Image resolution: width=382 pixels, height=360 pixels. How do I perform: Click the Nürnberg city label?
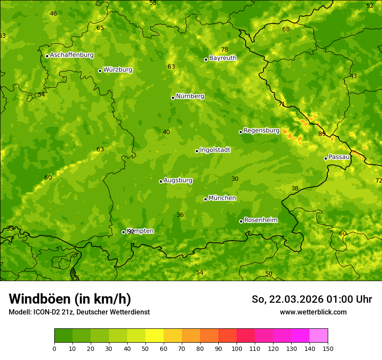(190, 96)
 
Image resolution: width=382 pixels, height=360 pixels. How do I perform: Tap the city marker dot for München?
(205, 199)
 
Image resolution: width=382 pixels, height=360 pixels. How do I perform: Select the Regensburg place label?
(261, 131)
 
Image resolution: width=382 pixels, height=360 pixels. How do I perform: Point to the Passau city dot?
(326, 158)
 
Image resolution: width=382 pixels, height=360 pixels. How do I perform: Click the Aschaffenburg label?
(72, 55)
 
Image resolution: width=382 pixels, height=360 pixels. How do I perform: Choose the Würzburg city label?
(118, 70)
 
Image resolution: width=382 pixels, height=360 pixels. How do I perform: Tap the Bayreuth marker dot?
(206, 59)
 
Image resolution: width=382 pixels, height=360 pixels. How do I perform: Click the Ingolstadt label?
(215, 150)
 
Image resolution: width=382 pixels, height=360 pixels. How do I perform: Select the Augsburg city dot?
(161, 181)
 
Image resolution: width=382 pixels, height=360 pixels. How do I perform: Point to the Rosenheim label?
(260, 220)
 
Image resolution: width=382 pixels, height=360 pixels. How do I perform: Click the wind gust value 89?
(322, 134)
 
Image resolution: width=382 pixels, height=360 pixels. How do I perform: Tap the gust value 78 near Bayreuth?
(224, 49)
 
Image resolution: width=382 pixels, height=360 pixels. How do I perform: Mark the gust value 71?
(282, 104)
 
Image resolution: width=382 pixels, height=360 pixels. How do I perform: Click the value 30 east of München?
(235, 179)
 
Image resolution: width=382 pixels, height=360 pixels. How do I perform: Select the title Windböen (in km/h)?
(69, 299)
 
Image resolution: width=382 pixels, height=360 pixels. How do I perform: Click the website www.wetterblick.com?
(313, 312)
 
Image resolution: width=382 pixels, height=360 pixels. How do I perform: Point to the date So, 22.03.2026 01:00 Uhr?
(312, 299)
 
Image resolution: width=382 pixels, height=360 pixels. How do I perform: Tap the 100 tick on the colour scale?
(237, 348)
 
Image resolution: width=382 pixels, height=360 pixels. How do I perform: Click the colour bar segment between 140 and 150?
(319, 335)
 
